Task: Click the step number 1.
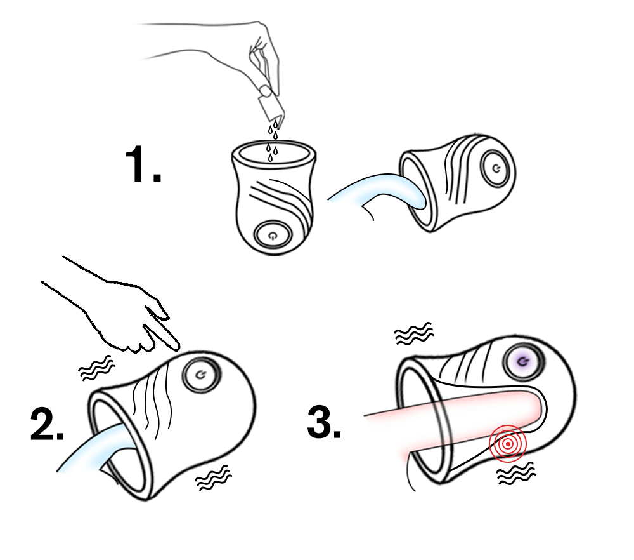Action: coord(143,164)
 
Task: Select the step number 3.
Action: coord(324,422)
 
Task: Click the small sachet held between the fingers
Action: coord(270,106)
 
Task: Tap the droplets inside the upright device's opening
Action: coord(272,152)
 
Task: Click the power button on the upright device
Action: coord(273,235)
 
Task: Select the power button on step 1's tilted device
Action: coord(496,168)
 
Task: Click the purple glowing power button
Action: coord(523,362)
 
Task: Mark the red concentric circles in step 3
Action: coord(508,444)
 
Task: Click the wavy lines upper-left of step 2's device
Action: coord(96,368)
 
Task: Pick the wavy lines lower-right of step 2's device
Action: coord(213,478)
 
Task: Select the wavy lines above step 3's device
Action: coord(414,334)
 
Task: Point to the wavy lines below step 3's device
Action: coord(516,473)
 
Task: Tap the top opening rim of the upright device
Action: coord(274,142)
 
